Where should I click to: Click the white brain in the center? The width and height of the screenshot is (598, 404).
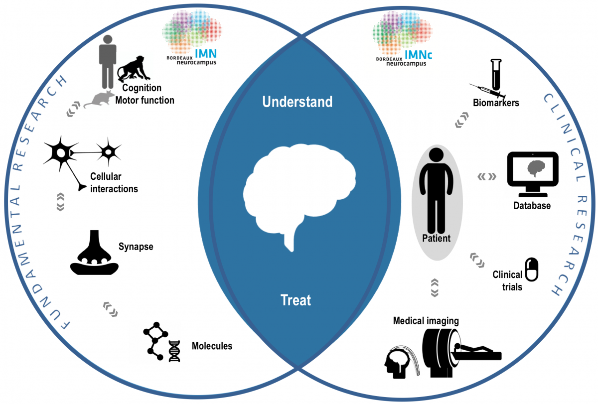(299, 192)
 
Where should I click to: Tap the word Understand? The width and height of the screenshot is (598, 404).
(298, 102)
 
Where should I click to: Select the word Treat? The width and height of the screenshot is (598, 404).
(296, 300)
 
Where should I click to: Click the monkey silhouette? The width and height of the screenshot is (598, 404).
(134, 69)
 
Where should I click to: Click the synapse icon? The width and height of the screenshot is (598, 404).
(94, 253)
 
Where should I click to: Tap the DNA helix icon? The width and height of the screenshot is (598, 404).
(174, 351)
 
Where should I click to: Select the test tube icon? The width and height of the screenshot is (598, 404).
(496, 75)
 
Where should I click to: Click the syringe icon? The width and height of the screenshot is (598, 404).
(487, 91)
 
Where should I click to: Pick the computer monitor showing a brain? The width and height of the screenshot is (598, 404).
(533, 174)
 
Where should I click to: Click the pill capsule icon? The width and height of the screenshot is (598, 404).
(532, 269)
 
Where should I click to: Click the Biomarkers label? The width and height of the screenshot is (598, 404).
(496, 103)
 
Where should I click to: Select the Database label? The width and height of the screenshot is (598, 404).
(532, 205)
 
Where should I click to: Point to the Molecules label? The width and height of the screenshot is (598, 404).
(212, 346)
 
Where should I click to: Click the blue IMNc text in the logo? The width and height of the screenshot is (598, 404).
(418, 55)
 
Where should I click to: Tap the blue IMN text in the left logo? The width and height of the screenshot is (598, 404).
(206, 54)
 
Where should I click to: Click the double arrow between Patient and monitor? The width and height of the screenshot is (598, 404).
(487, 176)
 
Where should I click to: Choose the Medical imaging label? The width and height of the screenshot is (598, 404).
(426, 321)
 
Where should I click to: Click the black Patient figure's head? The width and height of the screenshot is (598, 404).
(436, 155)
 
